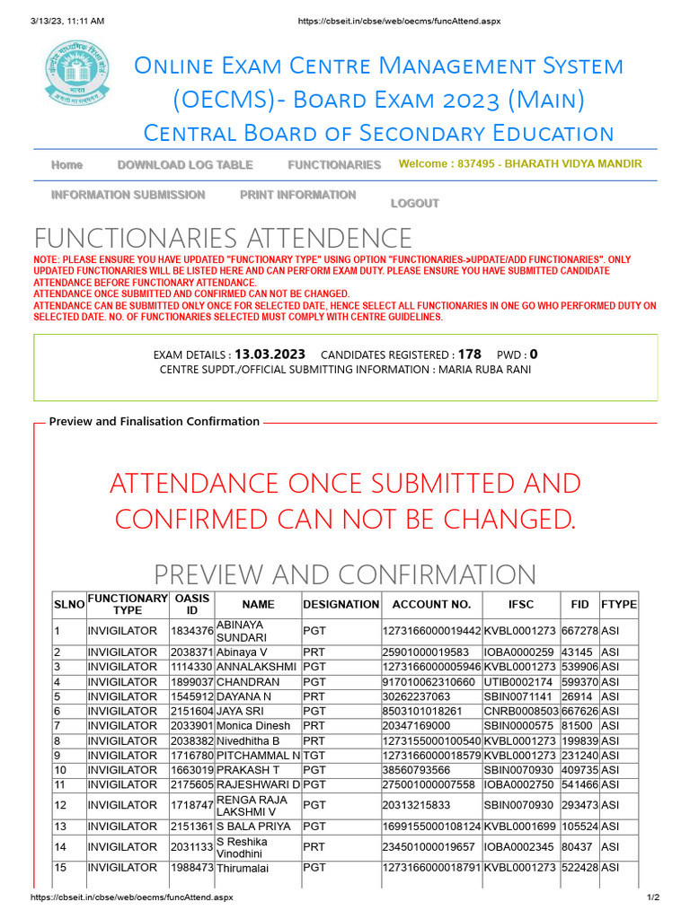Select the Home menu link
coord(67,165)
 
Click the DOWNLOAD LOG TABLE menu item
coord(185,165)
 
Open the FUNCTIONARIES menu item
coord(334,165)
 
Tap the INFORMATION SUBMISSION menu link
coord(128,195)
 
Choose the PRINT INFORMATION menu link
coord(297,195)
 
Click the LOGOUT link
coord(414,204)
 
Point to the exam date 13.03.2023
coord(270,354)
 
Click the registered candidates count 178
coord(469,354)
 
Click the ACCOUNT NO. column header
coord(431,605)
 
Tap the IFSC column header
coord(520,605)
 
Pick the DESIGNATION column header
coord(341,605)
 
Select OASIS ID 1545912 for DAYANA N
coord(191,696)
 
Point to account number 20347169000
coord(417,725)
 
